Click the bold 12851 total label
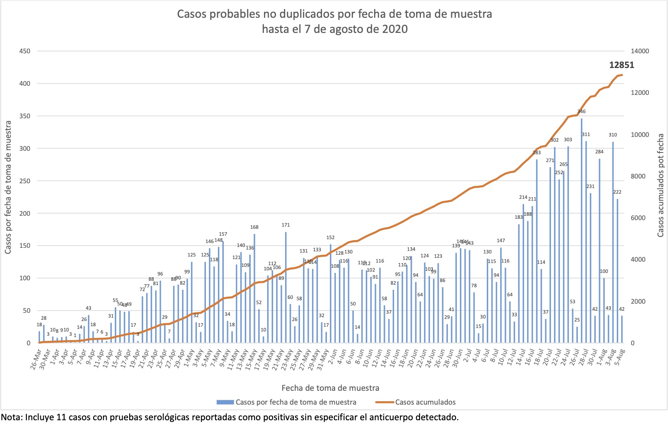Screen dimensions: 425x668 click(622, 65)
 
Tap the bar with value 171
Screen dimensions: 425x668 click(286, 288)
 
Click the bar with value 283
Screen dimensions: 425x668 click(537, 251)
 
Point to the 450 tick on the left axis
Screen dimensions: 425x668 click(25, 51)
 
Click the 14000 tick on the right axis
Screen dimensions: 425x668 click(640, 51)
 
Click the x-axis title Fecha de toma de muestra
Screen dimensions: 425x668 click(330, 388)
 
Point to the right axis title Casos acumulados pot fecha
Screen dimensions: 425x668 click(660, 185)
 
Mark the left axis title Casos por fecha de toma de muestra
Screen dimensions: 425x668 click(8, 188)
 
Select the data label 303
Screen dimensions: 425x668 click(568, 140)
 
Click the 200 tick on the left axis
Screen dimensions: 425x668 click(25, 214)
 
